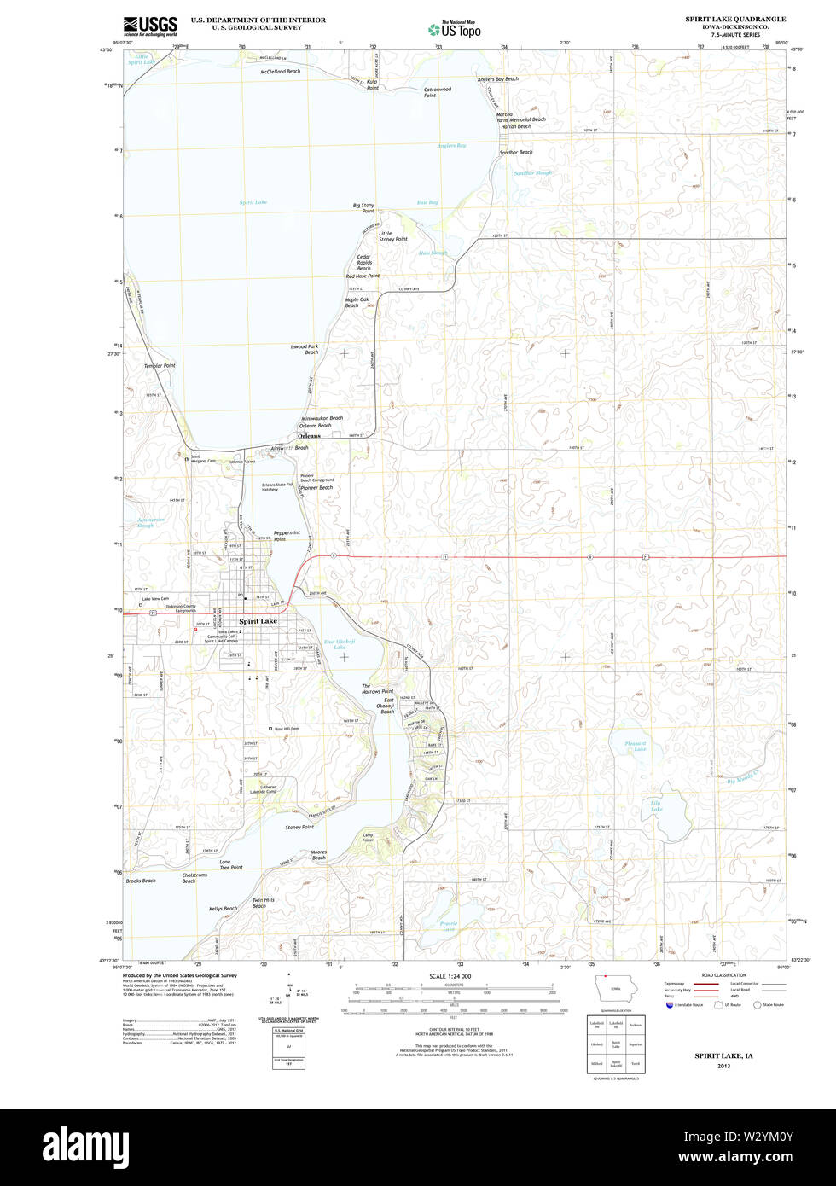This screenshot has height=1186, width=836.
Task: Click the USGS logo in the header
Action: [150, 25]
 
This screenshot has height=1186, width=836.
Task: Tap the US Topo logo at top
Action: [454, 29]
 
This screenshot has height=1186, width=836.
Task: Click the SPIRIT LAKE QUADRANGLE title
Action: [735, 19]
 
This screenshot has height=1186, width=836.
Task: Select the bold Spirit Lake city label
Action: [258, 621]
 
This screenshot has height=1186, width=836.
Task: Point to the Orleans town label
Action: [310, 436]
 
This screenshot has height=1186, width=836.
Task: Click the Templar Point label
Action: [160, 365]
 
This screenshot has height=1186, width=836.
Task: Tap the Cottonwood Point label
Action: [437, 92]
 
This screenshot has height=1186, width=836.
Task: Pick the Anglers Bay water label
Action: [451, 146]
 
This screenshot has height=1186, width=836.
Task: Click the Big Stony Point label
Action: [363, 207]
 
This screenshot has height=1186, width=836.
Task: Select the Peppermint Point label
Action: [286, 536]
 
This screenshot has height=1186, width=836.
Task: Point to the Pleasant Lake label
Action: [635, 746]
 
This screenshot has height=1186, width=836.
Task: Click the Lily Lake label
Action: [656, 805]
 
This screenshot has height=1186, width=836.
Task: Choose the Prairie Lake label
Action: [449, 926]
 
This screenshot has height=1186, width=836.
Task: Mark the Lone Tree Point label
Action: [230, 864]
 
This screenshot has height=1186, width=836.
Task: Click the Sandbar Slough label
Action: [532, 172]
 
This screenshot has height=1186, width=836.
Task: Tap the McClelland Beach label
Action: [281, 72]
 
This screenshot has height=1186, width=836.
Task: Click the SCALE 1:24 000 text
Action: [450, 975]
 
